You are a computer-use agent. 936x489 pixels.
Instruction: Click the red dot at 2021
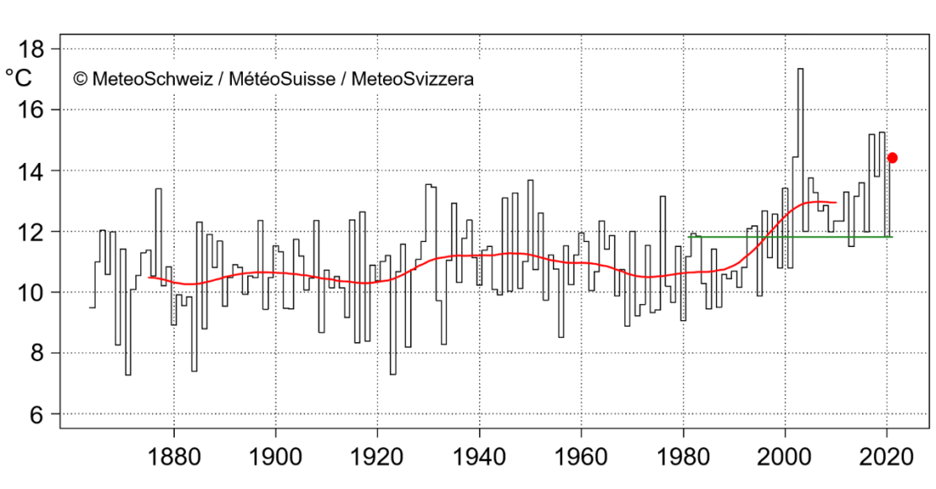coord(892,158)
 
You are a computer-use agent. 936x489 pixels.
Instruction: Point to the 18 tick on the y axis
coord(32,50)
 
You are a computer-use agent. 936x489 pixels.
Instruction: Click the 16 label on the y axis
coord(32,110)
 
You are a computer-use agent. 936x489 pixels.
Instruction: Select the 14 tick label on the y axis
coord(32,171)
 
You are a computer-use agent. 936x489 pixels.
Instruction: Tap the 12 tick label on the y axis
coord(32,232)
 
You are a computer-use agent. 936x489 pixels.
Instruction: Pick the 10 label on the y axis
coord(32,293)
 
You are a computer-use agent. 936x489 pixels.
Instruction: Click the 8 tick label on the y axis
coord(37,354)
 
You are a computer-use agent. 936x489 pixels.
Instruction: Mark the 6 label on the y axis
coord(37,415)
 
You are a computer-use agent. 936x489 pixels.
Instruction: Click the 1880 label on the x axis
coord(174,458)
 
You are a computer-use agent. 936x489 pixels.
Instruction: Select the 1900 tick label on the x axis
coord(276,458)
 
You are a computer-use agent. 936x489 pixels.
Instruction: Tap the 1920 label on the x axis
coord(377,458)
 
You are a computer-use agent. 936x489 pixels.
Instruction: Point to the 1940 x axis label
coord(479,458)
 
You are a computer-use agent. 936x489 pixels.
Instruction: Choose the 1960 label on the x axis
coord(581,458)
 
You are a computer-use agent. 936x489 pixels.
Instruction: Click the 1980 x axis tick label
coord(683,458)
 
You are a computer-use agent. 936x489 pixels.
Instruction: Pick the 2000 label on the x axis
coord(785,458)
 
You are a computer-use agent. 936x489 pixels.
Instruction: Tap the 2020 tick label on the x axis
coord(886,458)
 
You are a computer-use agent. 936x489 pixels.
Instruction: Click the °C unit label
coord(18,79)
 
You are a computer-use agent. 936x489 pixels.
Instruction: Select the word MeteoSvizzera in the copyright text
coord(412,79)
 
